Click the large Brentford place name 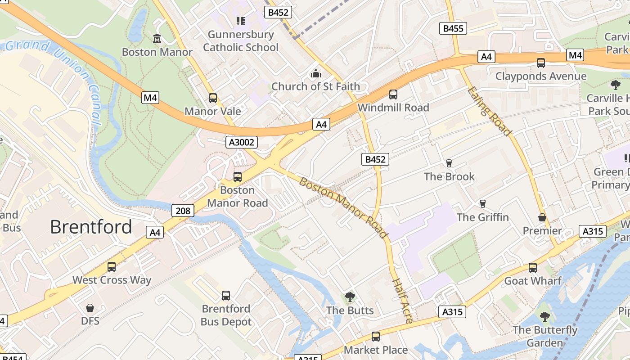pyautogui.click(x=91, y=227)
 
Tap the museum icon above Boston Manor pyautogui.click(x=157, y=39)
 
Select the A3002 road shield pyautogui.click(x=242, y=143)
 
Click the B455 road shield pyautogui.click(x=453, y=28)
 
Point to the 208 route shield pyautogui.click(x=183, y=210)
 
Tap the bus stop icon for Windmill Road pyautogui.click(x=393, y=94)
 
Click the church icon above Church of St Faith pyautogui.click(x=316, y=73)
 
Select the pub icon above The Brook pyautogui.click(x=449, y=163)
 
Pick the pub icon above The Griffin pyautogui.click(x=483, y=204)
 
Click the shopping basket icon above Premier pyautogui.click(x=542, y=218)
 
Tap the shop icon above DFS pyautogui.click(x=90, y=308)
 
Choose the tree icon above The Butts pyautogui.click(x=350, y=297)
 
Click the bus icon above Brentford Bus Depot pyautogui.click(x=226, y=296)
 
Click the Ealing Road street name pyautogui.click(x=489, y=111)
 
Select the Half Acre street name pyautogui.click(x=402, y=301)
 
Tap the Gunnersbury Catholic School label pyautogui.click(x=241, y=40)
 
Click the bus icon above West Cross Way pyautogui.click(x=112, y=267)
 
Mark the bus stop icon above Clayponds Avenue pyautogui.click(x=541, y=63)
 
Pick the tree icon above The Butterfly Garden pyautogui.click(x=545, y=317)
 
